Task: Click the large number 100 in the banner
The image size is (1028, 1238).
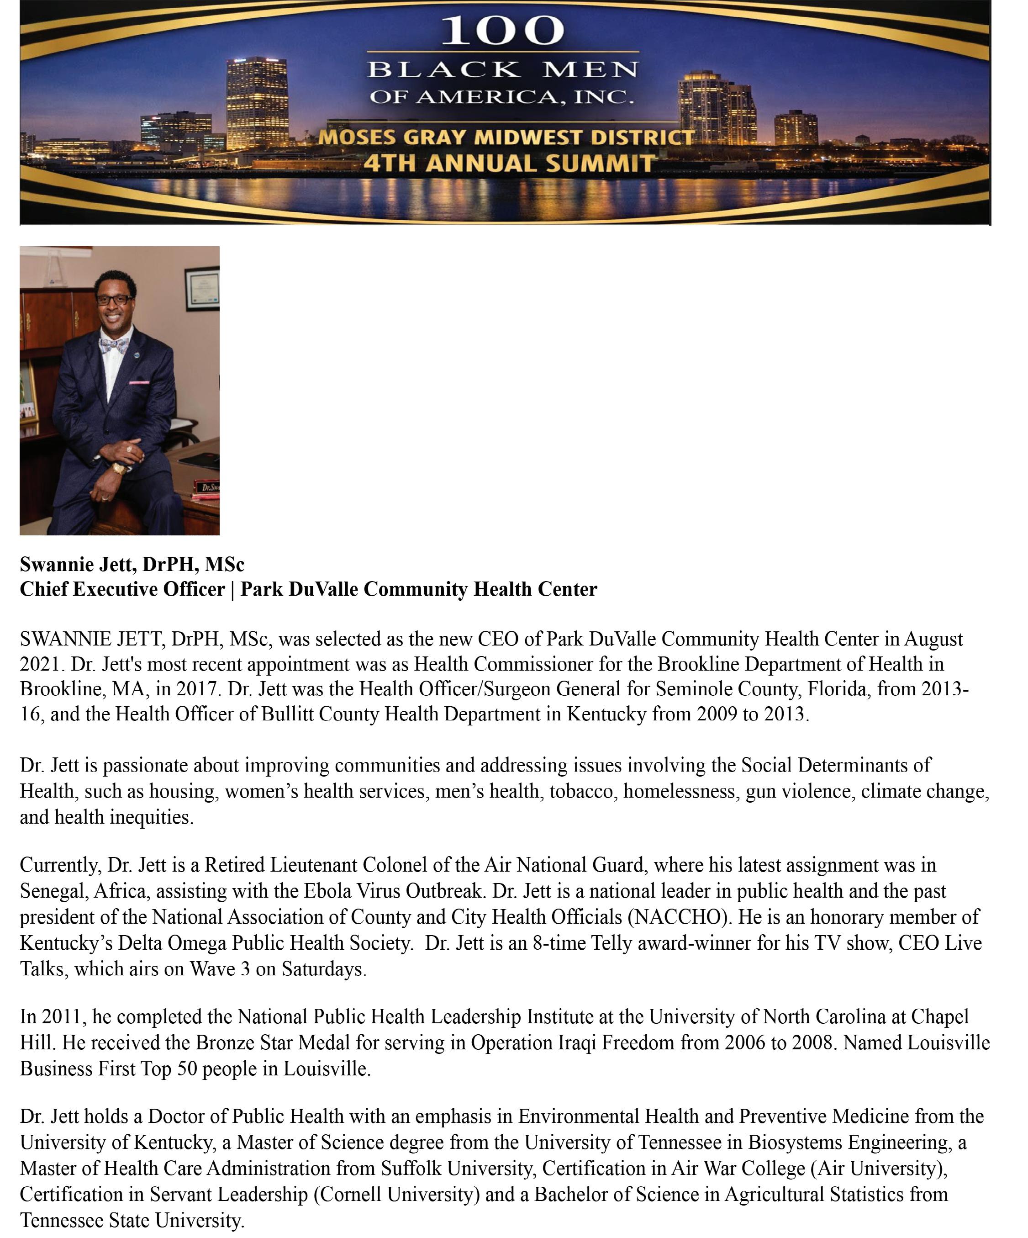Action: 502,31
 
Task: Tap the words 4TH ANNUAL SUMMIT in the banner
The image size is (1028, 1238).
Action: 509,163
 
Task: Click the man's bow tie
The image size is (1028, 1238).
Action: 114,345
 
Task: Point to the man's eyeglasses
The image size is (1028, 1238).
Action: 114,300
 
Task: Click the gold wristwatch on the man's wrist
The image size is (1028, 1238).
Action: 119,469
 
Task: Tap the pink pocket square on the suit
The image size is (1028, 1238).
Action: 140,383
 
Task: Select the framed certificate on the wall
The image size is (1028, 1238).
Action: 202,289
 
